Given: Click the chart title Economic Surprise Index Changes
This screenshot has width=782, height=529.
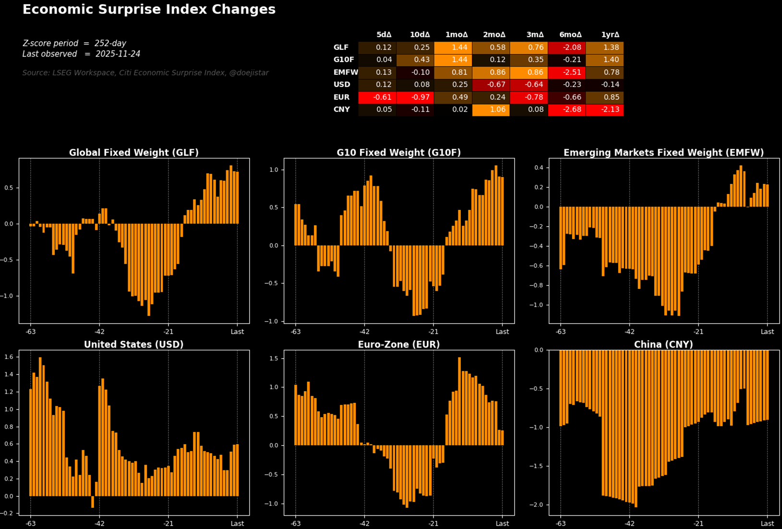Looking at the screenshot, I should (149, 10).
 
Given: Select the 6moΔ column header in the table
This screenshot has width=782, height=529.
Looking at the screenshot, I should (570, 35).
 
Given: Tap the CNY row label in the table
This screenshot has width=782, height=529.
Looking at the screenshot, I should (341, 109).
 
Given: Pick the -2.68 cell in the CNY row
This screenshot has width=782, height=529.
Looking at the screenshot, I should (567, 109).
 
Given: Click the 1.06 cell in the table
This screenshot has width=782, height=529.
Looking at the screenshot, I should (491, 109).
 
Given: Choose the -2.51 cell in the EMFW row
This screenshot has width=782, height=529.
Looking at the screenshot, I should (567, 72).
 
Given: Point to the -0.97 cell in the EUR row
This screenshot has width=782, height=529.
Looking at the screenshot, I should (415, 97).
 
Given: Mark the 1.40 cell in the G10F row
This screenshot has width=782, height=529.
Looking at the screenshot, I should (605, 60).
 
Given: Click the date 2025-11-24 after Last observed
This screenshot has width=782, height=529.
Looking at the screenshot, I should (118, 54).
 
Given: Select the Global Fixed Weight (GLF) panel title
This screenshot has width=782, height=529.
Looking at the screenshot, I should (133, 153).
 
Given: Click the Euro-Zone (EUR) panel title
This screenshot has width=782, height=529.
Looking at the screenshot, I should (398, 345).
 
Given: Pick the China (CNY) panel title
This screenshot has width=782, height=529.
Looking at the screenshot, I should (663, 345).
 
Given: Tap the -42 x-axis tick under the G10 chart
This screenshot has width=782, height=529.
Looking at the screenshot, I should (364, 332).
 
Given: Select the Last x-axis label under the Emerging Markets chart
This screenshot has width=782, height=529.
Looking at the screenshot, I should (767, 332).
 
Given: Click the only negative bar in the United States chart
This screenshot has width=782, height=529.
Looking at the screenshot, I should (93, 502).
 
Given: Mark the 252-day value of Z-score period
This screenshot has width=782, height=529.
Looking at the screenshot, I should (110, 43).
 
